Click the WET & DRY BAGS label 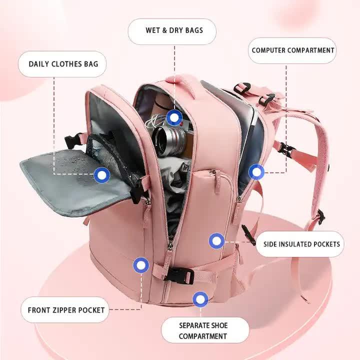coord(174,30)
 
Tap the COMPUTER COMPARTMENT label coord(292,50)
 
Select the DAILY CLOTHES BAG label coord(63,64)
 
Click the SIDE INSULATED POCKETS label coord(301,244)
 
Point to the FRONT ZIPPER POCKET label coord(66,310)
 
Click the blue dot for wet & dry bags coord(174,118)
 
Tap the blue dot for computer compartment coord(256,172)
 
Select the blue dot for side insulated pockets coord(216,241)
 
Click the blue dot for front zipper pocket coord(141,265)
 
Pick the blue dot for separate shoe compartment coord(200,299)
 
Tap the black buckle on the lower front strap coord(178,274)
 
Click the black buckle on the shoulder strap coord(285,148)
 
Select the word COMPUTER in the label coord(272,50)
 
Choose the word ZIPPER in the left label coord(66,310)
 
